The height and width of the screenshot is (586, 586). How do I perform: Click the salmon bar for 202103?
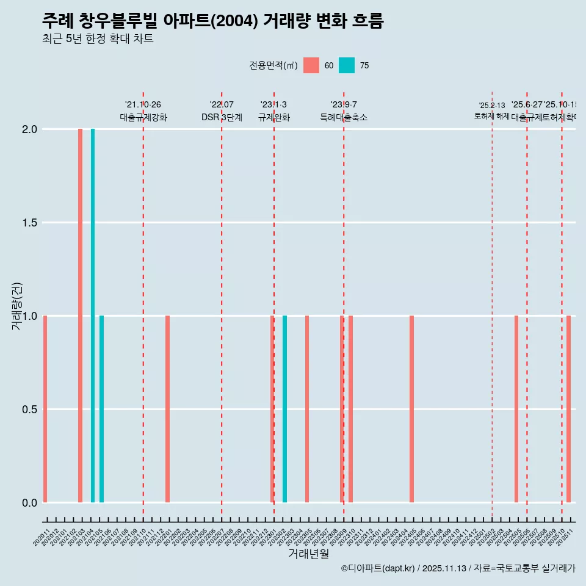pos(80,316)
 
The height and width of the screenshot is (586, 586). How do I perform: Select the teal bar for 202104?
pos(93,316)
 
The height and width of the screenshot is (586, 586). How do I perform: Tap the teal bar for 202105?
pos(101,409)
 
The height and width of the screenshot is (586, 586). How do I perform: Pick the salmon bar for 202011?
pos(45,409)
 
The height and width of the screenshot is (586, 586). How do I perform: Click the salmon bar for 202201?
pos(167,409)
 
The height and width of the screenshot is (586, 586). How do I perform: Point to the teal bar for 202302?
pos(284,409)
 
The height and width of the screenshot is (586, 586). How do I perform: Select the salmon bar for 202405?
pos(411,409)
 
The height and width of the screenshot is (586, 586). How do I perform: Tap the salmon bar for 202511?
pos(568,409)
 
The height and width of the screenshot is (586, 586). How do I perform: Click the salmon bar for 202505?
pos(516,409)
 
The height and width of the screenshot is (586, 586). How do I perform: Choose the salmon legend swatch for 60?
pos(311,65)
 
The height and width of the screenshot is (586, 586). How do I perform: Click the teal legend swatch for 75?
pos(347,65)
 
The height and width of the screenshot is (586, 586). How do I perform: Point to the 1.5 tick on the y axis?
pos(29,223)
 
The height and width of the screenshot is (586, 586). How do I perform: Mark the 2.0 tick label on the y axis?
pos(29,129)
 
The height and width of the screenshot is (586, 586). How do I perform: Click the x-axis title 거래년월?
pos(308,554)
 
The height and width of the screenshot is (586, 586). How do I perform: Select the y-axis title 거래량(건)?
pos(17,306)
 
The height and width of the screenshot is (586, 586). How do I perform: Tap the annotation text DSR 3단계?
pos(222,118)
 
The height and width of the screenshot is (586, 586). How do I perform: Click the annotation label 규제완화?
pos(273,118)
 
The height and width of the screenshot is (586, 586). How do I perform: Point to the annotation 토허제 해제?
pos(491,116)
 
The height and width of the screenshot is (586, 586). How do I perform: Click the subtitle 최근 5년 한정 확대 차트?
pos(98,39)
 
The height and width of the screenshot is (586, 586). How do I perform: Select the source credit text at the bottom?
pos(458,569)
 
